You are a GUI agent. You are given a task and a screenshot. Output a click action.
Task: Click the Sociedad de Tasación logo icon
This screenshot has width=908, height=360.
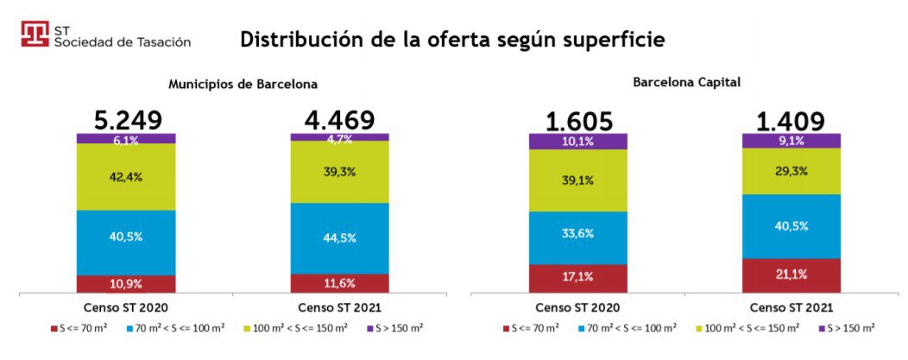pyautogui.click(x=35, y=35)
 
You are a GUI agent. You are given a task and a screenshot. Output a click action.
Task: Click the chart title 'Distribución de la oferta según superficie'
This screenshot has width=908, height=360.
pyautogui.click(x=452, y=40)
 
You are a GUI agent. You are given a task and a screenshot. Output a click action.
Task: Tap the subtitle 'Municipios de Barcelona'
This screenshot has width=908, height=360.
pyautogui.click(x=243, y=85)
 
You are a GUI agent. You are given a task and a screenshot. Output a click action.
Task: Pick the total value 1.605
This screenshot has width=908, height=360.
pyautogui.click(x=577, y=122)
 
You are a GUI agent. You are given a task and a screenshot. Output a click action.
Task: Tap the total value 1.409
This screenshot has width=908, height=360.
pyautogui.click(x=791, y=122)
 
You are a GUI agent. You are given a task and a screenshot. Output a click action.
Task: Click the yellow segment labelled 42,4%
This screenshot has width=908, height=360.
pyautogui.click(x=126, y=176)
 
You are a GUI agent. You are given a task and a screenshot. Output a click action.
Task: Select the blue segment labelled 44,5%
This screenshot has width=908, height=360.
pyautogui.click(x=339, y=238)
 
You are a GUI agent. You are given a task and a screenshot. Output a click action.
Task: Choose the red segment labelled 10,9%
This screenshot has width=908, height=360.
pyautogui.click(x=126, y=284)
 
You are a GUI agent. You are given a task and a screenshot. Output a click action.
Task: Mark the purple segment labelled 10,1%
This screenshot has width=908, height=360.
pyautogui.click(x=577, y=141)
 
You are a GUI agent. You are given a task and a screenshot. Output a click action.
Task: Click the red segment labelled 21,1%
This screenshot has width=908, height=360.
pyautogui.click(x=791, y=275)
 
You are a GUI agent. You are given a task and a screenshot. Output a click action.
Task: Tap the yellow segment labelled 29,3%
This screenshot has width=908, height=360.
pyautogui.click(x=791, y=171)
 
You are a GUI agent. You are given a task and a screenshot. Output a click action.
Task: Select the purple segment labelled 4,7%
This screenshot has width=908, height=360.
pyautogui.click(x=339, y=136)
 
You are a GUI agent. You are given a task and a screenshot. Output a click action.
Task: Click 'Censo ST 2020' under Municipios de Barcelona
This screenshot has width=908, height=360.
pyautogui.click(x=126, y=307)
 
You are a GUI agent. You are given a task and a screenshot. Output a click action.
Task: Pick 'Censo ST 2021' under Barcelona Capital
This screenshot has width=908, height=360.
pyautogui.click(x=791, y=307)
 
